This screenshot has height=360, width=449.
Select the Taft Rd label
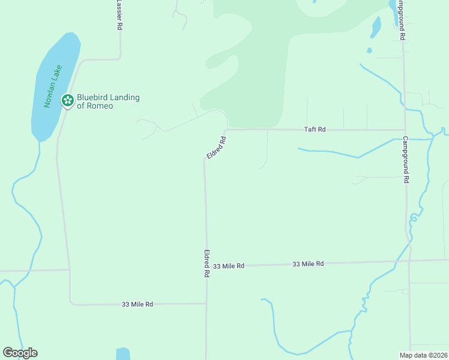click(315, 129)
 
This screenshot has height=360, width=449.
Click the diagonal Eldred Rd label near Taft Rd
click(216, 148)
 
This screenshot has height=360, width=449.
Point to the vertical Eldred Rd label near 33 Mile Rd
click(206, 263)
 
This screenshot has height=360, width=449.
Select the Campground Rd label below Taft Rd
click(406, 159)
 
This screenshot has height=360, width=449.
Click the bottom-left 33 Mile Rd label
click(137, 304)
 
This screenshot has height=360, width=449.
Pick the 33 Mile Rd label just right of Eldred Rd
click(229, 265)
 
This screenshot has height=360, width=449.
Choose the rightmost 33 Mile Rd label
click(309, 263)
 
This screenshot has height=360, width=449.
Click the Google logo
click(20, 353)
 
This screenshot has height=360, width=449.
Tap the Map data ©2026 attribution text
click(423, 355)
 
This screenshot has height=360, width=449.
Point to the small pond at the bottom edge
click(122, 353)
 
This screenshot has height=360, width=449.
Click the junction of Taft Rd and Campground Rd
click(405, 129)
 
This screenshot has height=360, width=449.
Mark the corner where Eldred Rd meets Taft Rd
click(226, 130)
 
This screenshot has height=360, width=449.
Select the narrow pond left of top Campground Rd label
click(376, 26)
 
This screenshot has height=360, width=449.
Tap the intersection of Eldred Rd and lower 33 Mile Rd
click(206, 303)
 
